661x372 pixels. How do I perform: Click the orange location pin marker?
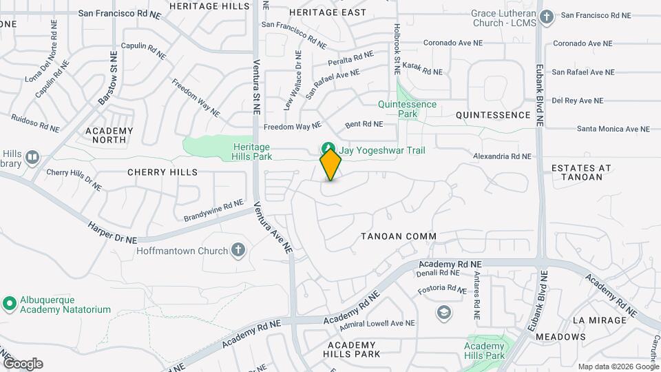tap(330, 165)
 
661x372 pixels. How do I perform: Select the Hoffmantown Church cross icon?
tap(238, 250)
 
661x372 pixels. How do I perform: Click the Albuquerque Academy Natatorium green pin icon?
tap(9, 303)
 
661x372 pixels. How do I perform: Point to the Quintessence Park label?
tap(407, 109)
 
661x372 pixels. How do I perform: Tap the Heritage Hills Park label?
tap(251, 152)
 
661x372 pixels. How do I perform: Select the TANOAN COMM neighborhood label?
tap(399, 236)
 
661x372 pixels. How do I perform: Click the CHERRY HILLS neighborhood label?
tap(162, 172)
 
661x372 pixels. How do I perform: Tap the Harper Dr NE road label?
tap(112, 231)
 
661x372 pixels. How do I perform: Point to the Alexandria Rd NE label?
tap(502, 156)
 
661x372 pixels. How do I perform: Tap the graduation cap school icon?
tap(444, 313)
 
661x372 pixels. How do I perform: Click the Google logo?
tap(22, 364)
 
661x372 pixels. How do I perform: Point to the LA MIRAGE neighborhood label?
tap(599, 320)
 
